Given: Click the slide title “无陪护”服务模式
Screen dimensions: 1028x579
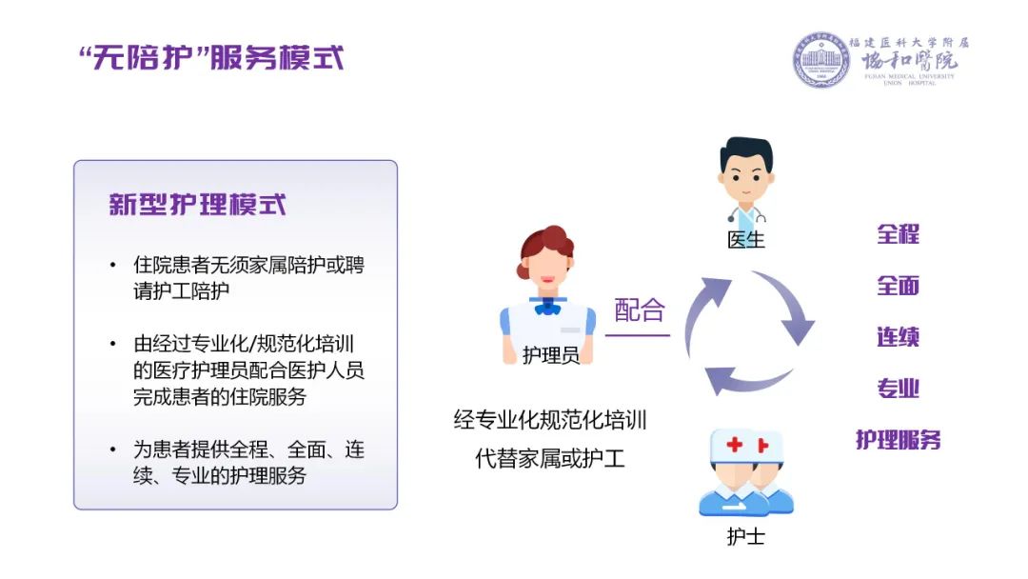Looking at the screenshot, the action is tap(211, 58).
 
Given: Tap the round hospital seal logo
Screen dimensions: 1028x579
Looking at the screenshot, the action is tap(820, 60).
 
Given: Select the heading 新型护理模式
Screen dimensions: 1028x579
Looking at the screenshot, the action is tap(197, 205).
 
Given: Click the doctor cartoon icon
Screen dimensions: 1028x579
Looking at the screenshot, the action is tap(746, 180).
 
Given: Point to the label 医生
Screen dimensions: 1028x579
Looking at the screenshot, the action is tap(746, 239).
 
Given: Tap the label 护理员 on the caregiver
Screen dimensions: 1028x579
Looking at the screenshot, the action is tap(551, 355).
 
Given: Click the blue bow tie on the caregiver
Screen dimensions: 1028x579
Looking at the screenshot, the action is tap(547, 306).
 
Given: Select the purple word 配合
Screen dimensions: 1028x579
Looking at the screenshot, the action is tap(640, 310).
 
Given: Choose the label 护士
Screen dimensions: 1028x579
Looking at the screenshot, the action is tap(746, 536).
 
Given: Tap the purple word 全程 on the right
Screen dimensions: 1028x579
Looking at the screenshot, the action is tap(899, 234).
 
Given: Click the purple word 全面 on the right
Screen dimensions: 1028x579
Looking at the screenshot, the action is tap(899, 286).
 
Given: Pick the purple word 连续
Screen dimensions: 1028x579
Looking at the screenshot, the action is tap(899, 337).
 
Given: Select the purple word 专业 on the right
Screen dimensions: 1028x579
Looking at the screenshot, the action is tap(899, 389).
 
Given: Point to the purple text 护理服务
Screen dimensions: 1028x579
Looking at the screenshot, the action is tap(899, 439).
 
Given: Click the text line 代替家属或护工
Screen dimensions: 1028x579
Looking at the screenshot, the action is tap(550, 458).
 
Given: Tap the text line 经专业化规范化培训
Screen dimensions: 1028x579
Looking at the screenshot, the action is tap(550, 420).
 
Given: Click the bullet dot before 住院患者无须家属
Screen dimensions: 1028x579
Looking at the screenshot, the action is tap(112, 265).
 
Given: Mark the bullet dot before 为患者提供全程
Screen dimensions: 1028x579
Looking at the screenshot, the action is tap(112, 449).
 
